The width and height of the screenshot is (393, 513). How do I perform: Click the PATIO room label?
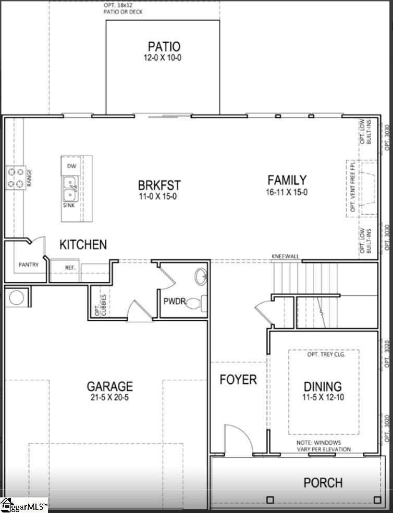pos(164,46)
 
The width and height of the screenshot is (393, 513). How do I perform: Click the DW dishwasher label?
pos(72,166)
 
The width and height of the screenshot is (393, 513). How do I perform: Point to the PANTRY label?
pos(29,265)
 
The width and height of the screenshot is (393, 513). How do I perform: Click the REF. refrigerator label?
pos(70,267)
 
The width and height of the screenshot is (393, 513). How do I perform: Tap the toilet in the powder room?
pos(198,303)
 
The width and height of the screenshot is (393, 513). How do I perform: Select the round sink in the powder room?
pos(201,277)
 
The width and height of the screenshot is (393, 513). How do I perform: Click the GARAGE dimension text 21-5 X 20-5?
pos(109,397)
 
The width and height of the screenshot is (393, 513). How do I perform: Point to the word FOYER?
pos(238,380)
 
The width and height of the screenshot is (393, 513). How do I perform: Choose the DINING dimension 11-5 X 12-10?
pos(323,397)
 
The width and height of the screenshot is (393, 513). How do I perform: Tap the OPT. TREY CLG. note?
pos(326,354)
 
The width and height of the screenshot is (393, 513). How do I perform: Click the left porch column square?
pos(270,500)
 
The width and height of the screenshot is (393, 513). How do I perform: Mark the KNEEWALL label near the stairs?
pos(285,256)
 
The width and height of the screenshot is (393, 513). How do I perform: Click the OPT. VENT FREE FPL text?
pos(353,185)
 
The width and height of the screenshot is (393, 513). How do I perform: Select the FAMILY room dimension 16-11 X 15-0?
pos(287,192)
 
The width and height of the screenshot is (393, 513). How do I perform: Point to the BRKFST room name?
pos(159,185)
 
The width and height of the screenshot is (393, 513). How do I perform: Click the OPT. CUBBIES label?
pos(100,305)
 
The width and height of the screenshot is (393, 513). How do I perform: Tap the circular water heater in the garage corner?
pos(16,297)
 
